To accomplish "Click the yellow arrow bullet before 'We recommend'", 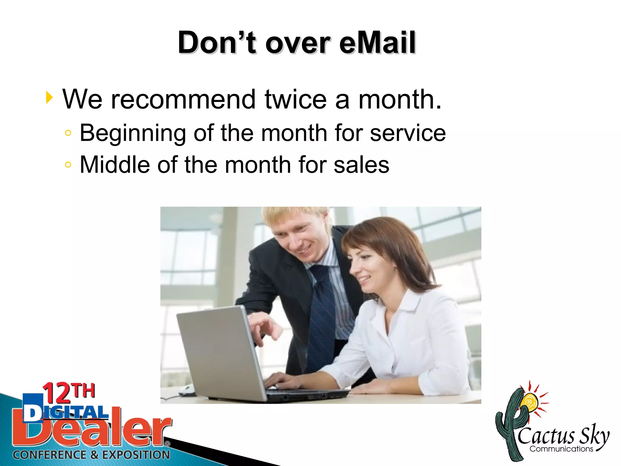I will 49,98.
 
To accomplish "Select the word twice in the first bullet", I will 296,99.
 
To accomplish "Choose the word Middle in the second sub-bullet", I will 115,165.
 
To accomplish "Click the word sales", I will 361,165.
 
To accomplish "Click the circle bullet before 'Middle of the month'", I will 68,165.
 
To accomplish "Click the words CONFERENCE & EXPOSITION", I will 91,455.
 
